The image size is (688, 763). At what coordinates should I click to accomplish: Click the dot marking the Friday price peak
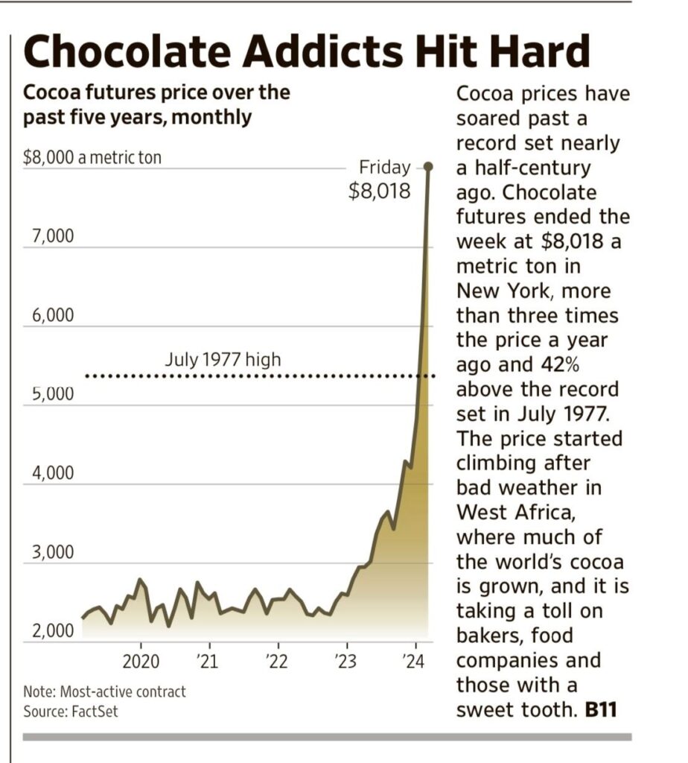(x=429, y=166)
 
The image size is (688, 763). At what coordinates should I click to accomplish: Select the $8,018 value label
(x=380, y=191)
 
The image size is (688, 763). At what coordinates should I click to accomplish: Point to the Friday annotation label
(x=385, y=167)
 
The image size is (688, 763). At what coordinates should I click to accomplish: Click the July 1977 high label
(x=223, y=360)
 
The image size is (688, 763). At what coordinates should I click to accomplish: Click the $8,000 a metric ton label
(x=92, y=158)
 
